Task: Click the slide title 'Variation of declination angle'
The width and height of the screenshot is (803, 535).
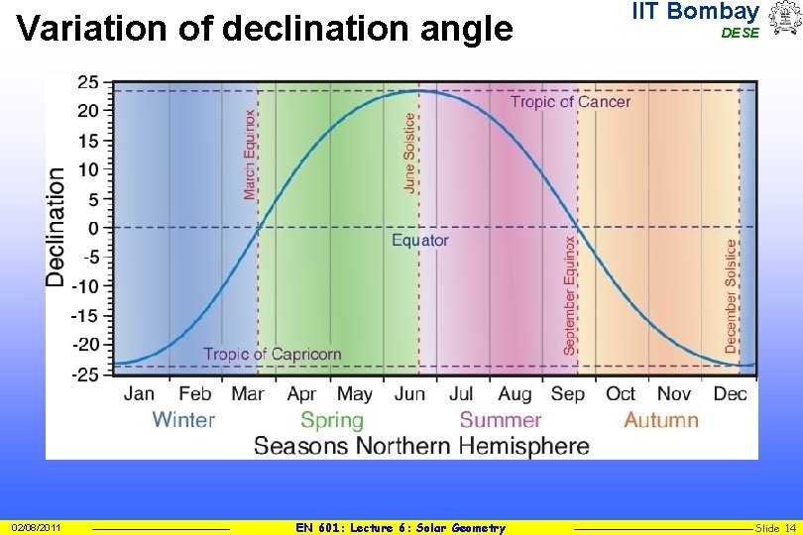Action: [x=265, y=30]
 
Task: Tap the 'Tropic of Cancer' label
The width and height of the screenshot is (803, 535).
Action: [x=570, y=102]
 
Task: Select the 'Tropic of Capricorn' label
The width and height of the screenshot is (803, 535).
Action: [x=272, y=354]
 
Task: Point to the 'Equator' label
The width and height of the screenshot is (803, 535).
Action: [x=420, y=241]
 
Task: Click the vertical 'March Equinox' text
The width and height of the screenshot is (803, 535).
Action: [x=250, y=155]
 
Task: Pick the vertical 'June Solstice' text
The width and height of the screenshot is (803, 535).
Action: [x=410, y=152]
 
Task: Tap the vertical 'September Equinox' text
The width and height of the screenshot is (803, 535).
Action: [x=570, y=294]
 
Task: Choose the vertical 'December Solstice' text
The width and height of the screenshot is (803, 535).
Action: [x=732, y=296]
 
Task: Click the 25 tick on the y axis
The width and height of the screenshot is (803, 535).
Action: [x=87, y=82]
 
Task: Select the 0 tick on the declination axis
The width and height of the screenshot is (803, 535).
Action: [x=93, y=228]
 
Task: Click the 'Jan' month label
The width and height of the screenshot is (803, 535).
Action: [x=140, y=394]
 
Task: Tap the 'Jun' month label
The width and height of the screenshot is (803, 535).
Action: [x=409, y=394]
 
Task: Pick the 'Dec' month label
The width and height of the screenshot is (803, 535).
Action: [x=730, y=394]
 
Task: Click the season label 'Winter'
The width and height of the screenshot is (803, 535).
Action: [x=183, y=420]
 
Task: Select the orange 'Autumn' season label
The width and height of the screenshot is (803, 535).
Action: [x=661, y=420]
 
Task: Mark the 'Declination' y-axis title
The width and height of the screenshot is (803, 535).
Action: [x=57, y=227]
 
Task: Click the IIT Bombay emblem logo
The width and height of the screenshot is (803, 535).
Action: [x=783, y=18]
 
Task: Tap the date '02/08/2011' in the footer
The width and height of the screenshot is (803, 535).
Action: [x=37, y=528]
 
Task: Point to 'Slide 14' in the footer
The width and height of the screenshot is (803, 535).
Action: [x=776, y=528]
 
